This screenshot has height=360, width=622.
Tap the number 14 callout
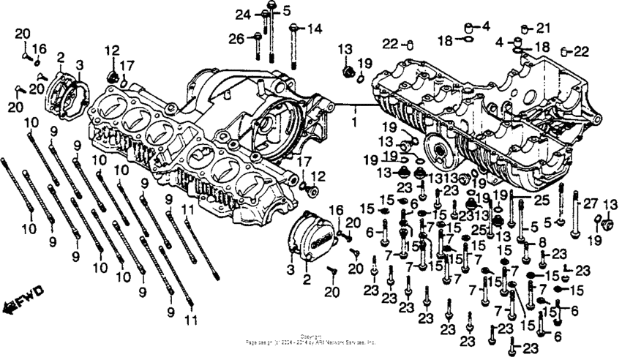click(x=314, y=29)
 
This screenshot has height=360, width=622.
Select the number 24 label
click(x=242, y=15)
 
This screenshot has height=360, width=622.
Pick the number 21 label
click(x=542, y=29)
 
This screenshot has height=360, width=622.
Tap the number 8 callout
click(x=542, y=242)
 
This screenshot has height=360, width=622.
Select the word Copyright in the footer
click(x=311, y=337)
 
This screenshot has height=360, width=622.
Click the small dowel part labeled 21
click(x=525, y=31)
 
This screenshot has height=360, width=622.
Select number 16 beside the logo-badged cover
click(x=338, y=211)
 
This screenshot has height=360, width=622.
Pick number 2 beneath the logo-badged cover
click(x=307, y=280)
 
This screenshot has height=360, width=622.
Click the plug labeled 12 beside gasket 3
click(x=113, y=75)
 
